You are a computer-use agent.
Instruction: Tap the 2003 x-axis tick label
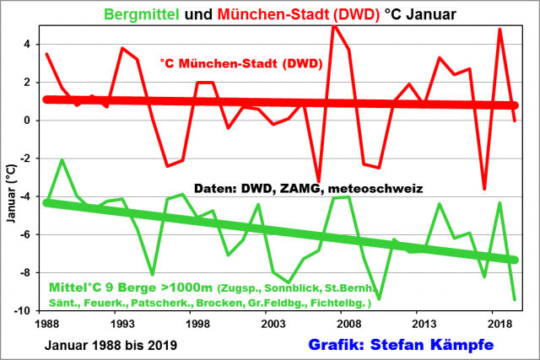pos(271,324)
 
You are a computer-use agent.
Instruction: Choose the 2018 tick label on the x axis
pos(494,324)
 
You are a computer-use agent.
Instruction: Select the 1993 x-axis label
pos(121,324)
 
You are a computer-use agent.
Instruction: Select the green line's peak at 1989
pos(62,159)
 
